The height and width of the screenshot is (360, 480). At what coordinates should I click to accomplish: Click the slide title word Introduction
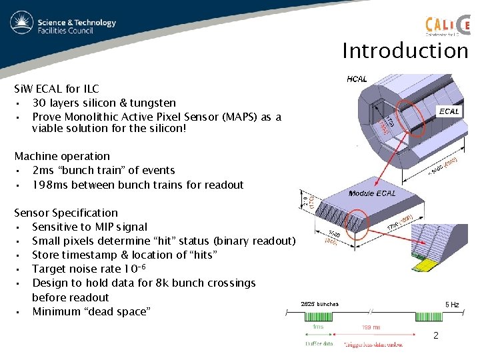point(405,51)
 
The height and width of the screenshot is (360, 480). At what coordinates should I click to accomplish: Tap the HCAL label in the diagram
point(357,79)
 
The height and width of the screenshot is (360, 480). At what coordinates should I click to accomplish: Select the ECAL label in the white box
point(448,111)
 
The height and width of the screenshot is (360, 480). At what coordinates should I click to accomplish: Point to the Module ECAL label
point(372,193)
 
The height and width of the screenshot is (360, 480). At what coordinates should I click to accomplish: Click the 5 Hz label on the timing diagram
point(452,304)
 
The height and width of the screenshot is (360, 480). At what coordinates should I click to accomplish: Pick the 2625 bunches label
point(320,304)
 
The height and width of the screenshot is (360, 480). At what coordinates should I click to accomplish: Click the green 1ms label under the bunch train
point(319,328)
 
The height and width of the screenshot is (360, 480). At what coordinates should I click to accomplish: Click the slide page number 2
point(436,335)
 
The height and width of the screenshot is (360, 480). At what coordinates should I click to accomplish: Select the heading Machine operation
point(62,156)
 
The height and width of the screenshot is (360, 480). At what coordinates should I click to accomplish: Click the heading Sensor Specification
point(66,213)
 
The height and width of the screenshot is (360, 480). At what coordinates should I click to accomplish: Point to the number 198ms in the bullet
point(51,185)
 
